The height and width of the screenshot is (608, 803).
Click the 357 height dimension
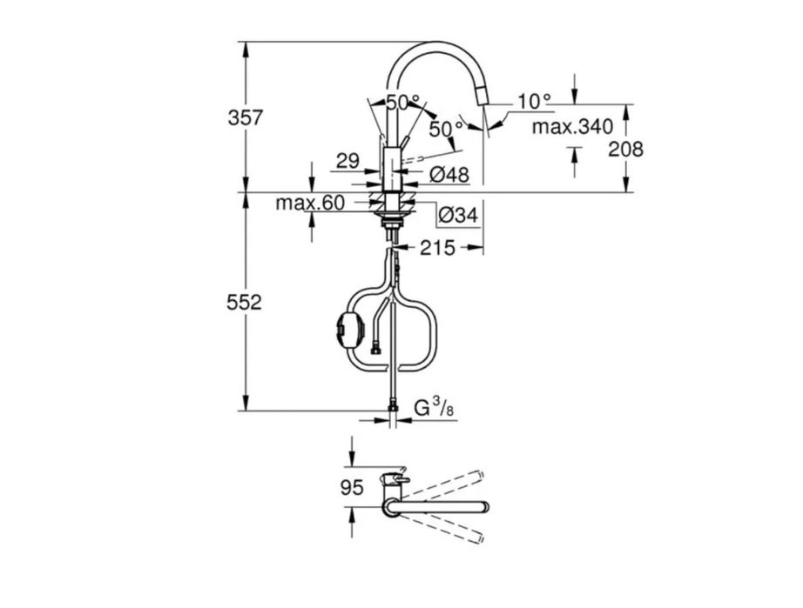click(x=246, y=118)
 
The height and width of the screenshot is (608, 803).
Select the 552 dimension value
click(x=244, y=303)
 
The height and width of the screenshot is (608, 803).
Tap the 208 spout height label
click(x=625, y=150)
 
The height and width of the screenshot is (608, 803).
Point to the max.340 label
click(x=572, y=126)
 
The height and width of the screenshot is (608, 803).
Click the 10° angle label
click(x=534, y=101)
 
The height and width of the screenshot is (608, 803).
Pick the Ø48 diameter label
click(x=449, y=176)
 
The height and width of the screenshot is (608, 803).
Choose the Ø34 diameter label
click(x=458, y=216)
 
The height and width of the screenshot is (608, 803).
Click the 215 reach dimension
click(x=437, y=249)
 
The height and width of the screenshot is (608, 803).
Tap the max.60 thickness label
click(x=310, y=204)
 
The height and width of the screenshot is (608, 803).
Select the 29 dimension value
click(x=348, y=162)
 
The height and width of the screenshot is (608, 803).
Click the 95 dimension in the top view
click(x=353, y=488)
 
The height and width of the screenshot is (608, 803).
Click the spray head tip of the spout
click(x=482, y=97)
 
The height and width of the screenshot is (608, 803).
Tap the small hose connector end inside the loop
click(x=375, y=351)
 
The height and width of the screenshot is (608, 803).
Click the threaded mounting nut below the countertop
click(x=392, y=222)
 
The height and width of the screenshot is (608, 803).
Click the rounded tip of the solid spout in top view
click(x=484, y=507)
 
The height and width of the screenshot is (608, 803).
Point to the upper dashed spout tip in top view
click(x=479, y=475)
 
